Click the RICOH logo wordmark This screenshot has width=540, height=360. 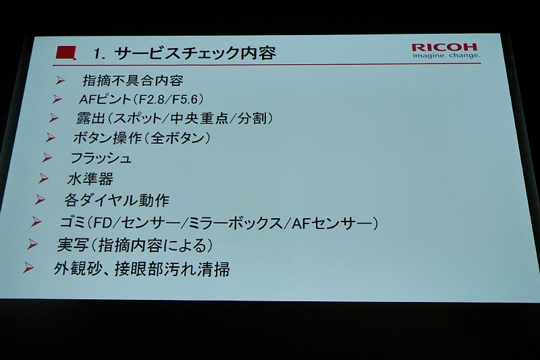[444, 47]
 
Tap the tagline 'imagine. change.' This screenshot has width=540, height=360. [446, 55]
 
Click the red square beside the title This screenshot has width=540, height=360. [65, 53]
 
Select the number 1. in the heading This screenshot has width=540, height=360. [99, 54]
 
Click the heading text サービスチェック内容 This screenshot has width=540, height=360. [194, 53]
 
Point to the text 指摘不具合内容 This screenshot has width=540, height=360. [133, 80]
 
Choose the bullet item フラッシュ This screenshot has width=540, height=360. [101, 158]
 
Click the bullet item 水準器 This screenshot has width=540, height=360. [90, 179]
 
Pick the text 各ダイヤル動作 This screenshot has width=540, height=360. [117, 200]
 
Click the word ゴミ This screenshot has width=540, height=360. [73, 222]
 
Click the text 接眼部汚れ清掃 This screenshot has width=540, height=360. [172, 269]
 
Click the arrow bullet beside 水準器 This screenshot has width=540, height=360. [43, 178]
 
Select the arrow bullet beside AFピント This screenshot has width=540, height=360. [57, 99]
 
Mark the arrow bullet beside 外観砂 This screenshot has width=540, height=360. [28, 267]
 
